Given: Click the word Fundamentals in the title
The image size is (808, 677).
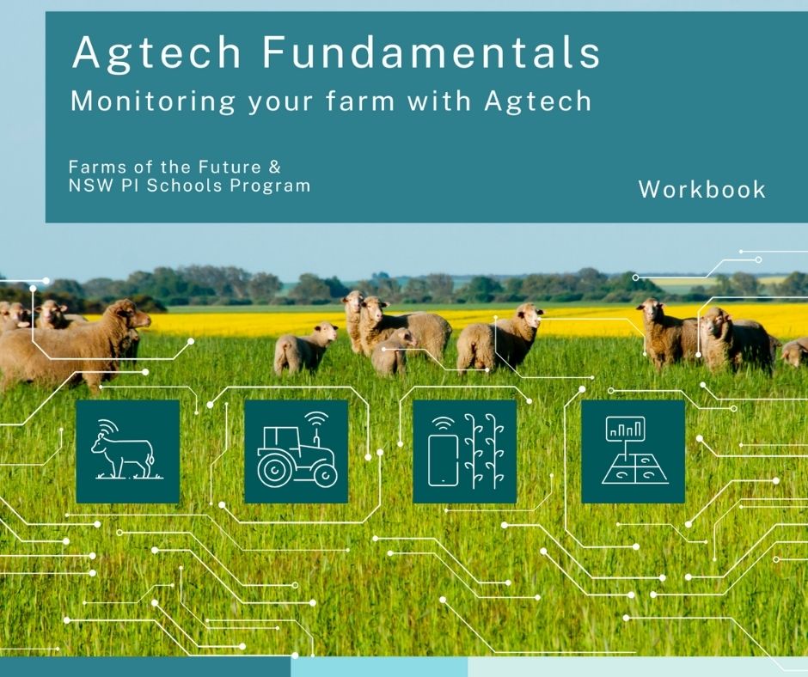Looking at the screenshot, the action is [432, 52].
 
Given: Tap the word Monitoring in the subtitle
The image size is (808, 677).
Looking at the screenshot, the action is [152, 101].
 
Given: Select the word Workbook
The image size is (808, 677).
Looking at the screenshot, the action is [702, 189].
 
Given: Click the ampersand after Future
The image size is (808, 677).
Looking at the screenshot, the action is [275, 167].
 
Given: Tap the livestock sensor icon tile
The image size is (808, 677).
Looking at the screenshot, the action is [128, 451].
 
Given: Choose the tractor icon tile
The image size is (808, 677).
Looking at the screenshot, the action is [297, 451].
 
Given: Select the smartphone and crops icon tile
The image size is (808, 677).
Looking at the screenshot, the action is [465, 451].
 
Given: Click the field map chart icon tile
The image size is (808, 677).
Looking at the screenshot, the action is [634, 451].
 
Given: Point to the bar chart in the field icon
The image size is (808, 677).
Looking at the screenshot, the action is [626, 428].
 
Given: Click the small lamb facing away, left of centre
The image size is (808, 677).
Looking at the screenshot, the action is [304, 348].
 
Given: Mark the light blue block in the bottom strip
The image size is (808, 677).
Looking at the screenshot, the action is [379, 667].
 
